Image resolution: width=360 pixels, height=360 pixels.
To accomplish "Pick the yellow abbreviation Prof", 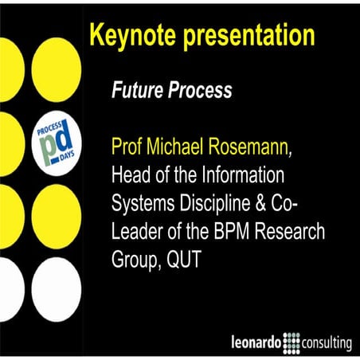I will (x=127, y=147).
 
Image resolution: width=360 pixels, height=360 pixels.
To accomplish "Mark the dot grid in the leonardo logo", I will (x=291, y=344).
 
